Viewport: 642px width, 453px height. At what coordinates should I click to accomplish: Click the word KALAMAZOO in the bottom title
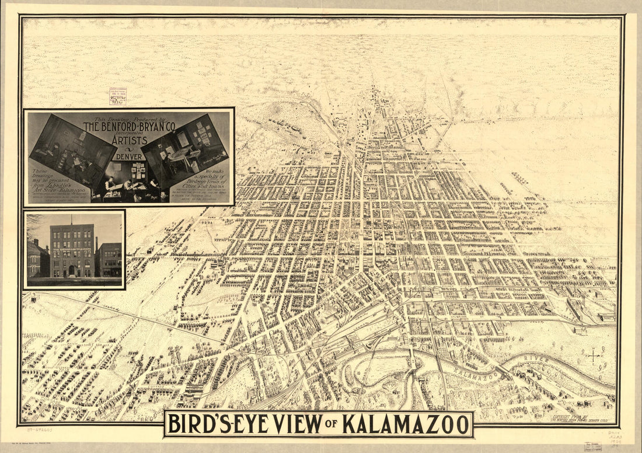coord(406,424)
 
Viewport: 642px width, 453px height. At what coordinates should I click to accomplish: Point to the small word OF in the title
coord(331,425)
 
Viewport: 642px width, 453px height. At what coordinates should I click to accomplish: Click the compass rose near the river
coord(594,355)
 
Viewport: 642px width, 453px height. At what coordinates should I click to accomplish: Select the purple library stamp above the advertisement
coord(117,96)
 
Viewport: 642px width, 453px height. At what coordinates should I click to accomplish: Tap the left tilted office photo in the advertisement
coord(72,146)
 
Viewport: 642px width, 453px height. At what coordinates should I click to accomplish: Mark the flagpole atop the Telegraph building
coord(72,220)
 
